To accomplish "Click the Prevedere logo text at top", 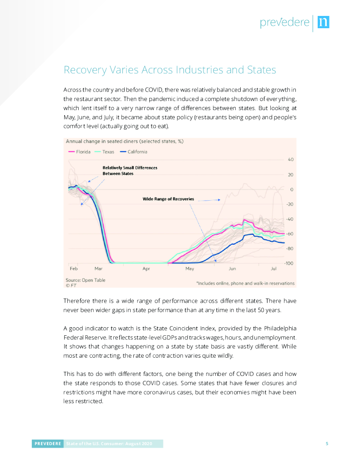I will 284,22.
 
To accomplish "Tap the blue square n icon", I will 323,22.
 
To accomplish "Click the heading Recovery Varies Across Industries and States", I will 170,70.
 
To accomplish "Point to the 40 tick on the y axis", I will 290,160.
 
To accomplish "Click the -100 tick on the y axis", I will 289,263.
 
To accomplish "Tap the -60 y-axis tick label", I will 289,234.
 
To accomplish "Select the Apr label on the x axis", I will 146,269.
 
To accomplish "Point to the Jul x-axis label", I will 274,269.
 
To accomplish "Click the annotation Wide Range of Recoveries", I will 168,199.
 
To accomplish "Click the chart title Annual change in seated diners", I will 125,142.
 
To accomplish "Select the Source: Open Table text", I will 86,280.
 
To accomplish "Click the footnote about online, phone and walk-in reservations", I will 245,283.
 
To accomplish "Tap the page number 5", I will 327,444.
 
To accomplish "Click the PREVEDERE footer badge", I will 47,444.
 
